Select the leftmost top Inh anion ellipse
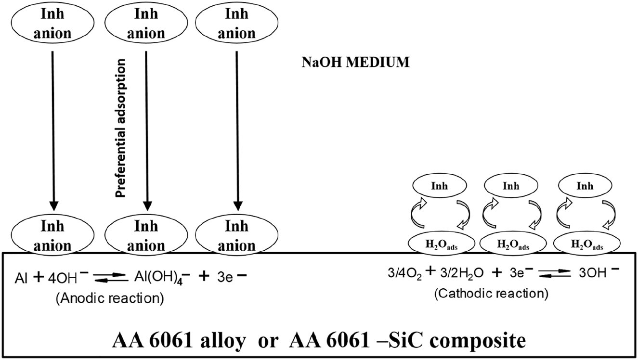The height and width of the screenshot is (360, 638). click(52, 23)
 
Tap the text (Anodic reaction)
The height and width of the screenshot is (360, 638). click(110, 298)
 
